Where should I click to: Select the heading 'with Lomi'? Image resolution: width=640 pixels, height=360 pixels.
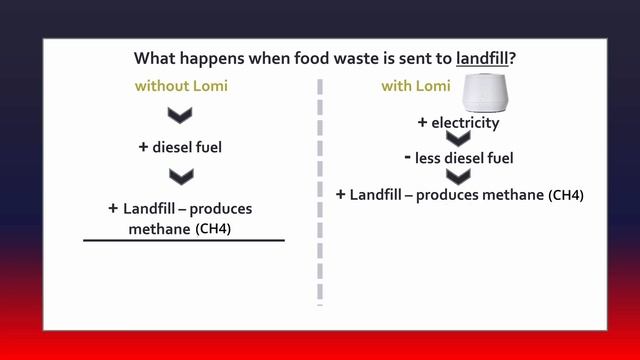click(415, 86)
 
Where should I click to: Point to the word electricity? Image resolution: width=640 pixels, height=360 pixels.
click(465, 123)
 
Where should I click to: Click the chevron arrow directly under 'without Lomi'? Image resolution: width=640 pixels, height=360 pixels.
click(180, 116)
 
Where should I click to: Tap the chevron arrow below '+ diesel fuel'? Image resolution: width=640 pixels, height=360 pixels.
click(180, 177)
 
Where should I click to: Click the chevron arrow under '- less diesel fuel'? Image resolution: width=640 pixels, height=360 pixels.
click(457, 176)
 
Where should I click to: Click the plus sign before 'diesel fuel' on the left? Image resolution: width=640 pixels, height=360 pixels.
click(143, 147)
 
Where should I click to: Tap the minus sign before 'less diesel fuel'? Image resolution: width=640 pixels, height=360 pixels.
click(408, 157)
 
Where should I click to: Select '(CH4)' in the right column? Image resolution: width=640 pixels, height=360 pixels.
click(566, 195)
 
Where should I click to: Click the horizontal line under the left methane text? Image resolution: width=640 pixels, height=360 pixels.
click(184, 241)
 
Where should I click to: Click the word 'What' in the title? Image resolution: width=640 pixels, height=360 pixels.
click(157, 58)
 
